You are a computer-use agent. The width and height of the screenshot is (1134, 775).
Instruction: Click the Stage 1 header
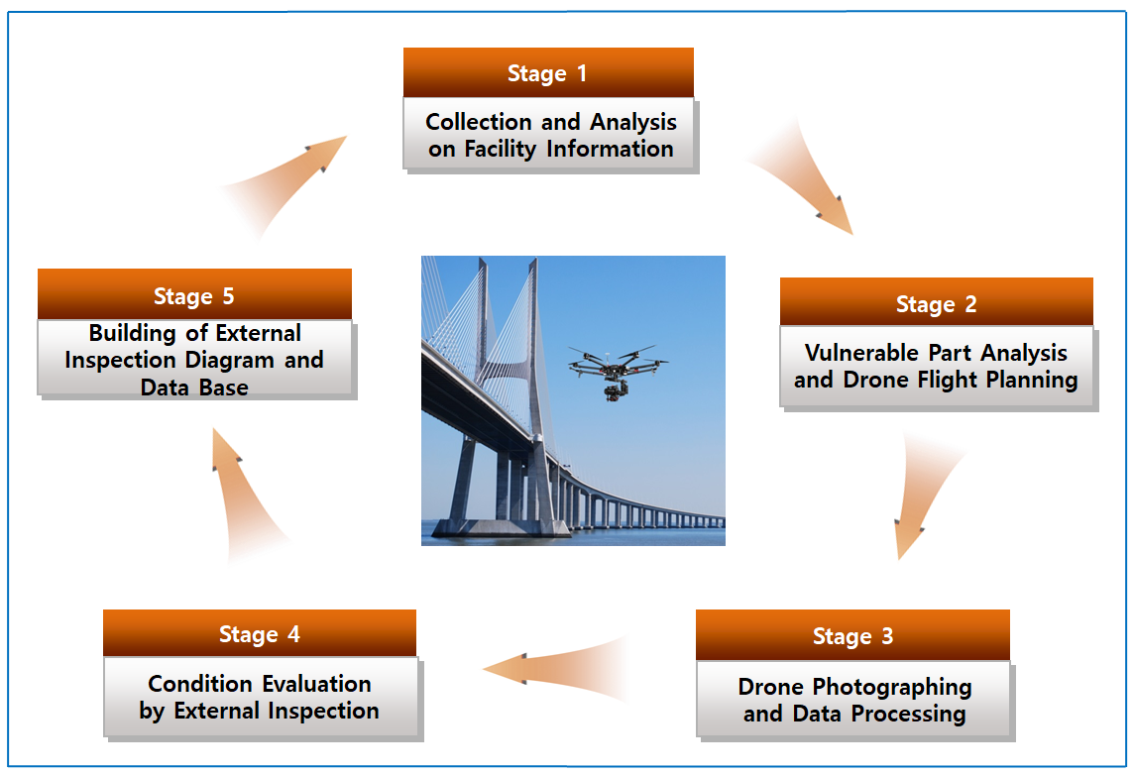(x=548, y=72)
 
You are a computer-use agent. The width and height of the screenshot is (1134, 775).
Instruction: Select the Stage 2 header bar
(x=937, y=301)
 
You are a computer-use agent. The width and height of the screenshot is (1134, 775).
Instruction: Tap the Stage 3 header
(x=852, y=634)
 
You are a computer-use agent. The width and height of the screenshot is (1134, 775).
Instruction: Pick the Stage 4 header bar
(x=260, y=632)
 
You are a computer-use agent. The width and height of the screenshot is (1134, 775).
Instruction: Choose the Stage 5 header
(x=194, y=294)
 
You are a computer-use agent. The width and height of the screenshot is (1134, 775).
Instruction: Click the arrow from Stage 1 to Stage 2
(x=809, y=180)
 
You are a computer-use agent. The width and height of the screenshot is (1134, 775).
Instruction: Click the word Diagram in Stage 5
(x=230, y=360)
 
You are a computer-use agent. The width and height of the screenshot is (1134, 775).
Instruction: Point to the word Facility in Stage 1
(x=501, y=149)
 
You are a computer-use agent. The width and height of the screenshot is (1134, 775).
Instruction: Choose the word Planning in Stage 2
(x=1032, y=380)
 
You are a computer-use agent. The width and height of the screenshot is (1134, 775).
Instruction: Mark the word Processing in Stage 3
(x=908, y=715)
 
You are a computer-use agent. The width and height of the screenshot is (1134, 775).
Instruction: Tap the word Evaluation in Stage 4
(x=317, y=683)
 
